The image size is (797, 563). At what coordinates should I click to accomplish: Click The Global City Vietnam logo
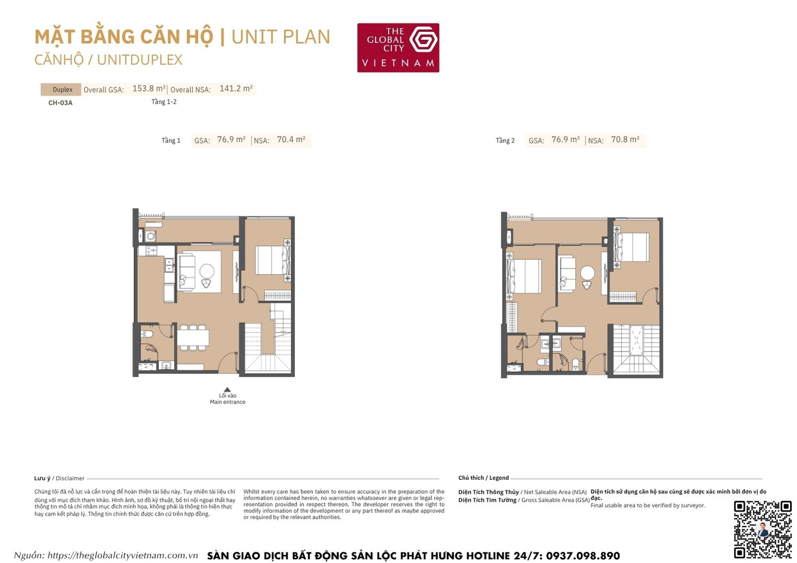click(398, 48)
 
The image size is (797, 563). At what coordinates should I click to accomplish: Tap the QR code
click(762, 529)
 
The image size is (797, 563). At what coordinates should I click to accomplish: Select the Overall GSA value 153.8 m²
click(149, 89)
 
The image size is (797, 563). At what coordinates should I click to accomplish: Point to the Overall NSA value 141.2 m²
click(236, 89)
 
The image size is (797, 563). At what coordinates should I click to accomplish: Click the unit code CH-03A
click(60, 103)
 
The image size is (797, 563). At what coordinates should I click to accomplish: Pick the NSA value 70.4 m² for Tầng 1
click(291, 140)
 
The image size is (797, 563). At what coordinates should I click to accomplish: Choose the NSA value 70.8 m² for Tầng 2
click(625, 140)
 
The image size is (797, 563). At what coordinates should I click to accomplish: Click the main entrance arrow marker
click(227, 389)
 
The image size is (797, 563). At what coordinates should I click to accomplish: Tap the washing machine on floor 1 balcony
click(151, 236)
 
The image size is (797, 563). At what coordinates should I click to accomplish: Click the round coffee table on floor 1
click(207, 271)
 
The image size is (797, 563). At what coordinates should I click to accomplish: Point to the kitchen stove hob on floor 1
click(151, 250)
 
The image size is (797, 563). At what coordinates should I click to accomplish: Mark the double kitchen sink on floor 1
click(169, 266)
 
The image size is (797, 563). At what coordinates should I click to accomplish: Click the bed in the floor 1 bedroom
click(272, 260)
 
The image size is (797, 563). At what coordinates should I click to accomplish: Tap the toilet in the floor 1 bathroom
click(147, 334)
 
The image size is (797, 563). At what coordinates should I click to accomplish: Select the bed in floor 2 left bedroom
click(524, 276)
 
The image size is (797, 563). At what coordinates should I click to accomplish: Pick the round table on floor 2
click(587, 273)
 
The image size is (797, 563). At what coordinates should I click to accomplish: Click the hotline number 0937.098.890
click(582, 556)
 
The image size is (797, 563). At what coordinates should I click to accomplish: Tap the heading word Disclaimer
click(70, 478)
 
